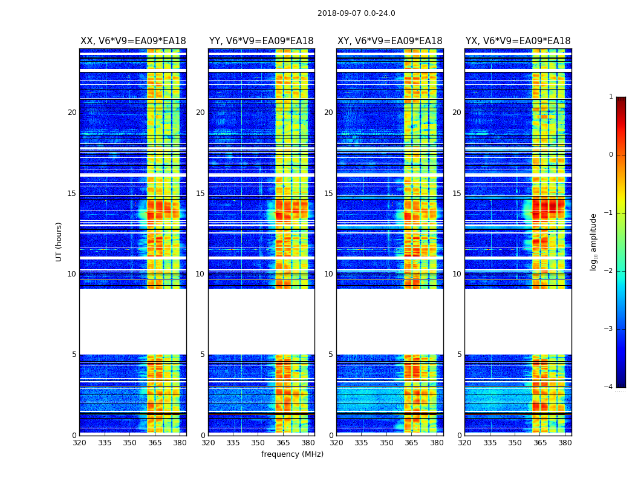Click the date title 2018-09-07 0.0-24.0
[x=356, y=13]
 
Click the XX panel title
[x=133, y=41]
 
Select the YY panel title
[x=261, y=41]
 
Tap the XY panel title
[x=390, y=41]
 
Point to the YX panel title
[x=518, y=41]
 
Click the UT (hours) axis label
[x=59, y=241]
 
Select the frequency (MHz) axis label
[x=292, y=454]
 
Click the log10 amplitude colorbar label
[x=594, y=241]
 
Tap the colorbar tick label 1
[x=611, y=97]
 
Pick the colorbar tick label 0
[x=611, y=155]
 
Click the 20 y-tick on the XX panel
[x=72, y=113]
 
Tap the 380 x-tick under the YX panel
[x=565, y=442]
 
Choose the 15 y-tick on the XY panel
[x=329, y=194]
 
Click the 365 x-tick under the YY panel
[x=283, y=442]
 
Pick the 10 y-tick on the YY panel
[x=200, y=274]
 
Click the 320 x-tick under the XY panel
[x=337, y=442]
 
